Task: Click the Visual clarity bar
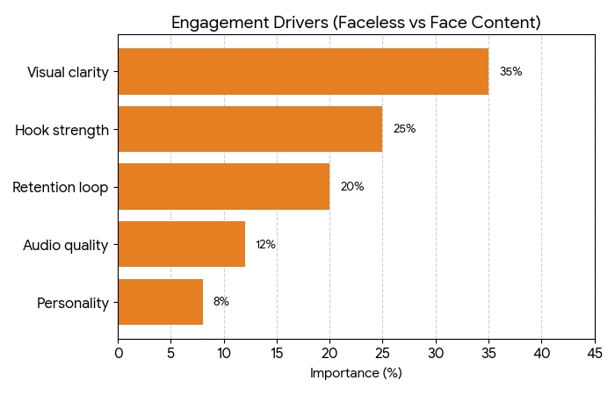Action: click(x=303, y=72)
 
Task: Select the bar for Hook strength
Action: click(x=250, y=129)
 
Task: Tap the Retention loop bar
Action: click(x=224, y=187)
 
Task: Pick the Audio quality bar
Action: click(x=182, y=244)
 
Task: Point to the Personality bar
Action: click(x=161, y=302)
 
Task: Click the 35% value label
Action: click(x=510, y=72)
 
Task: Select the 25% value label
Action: click(x=404, y=129)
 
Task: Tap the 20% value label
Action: click(x=351, y=187)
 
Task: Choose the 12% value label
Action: click(x=265, y=245)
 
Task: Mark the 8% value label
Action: click(x=221, y=302)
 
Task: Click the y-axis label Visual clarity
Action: click(x=68, y=72)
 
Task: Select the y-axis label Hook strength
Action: click(x=61, y=130)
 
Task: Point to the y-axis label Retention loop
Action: click(x=61, y=187)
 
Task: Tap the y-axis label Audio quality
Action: click(x=66, y=245)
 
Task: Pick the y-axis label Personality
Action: click(x=73, y=303)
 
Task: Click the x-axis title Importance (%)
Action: click(x=356, y=373)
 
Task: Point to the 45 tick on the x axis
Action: click(x=594, y=353)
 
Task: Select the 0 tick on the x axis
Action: click(x=119, y=353)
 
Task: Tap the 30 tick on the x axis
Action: click(x=436, y=353)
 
